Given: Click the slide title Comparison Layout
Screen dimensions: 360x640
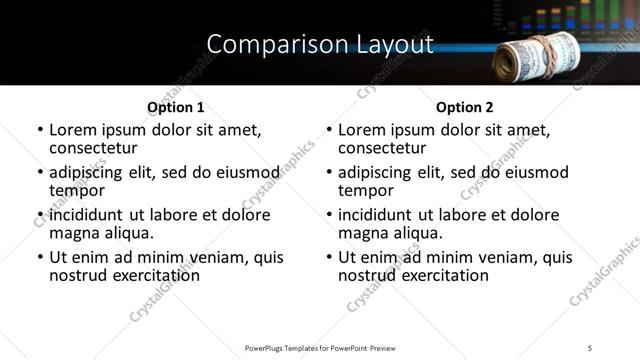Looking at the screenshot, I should [320, 44].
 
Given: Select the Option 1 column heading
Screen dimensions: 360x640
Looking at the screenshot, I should [175, 107].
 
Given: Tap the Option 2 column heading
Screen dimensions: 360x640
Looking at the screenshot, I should [465, 107].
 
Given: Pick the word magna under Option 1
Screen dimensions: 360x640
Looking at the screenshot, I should [74, 233].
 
